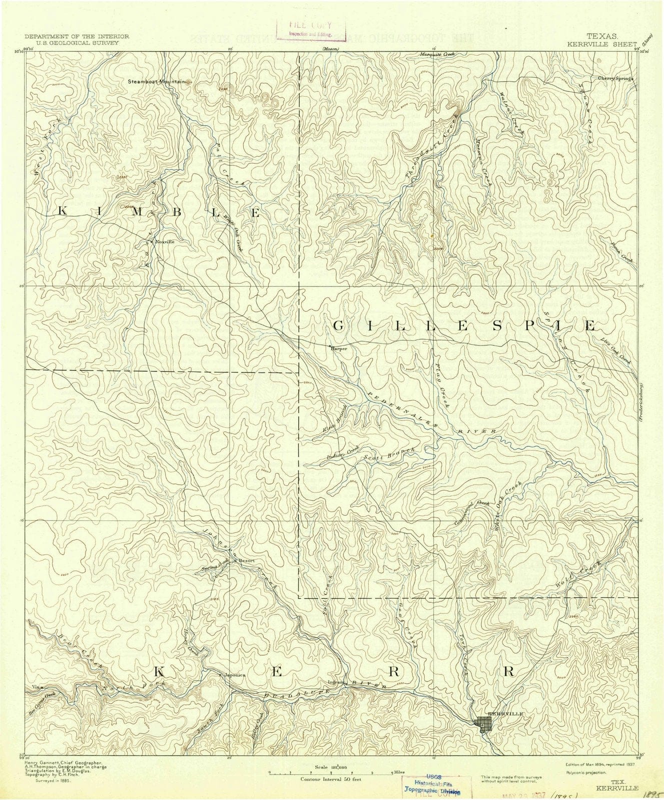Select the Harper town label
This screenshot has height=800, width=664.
(339, 349)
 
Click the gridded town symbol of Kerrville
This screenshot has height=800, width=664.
(483, 724)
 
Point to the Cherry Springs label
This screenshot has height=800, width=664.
(615, 78)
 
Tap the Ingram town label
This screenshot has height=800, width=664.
(335, 681)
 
